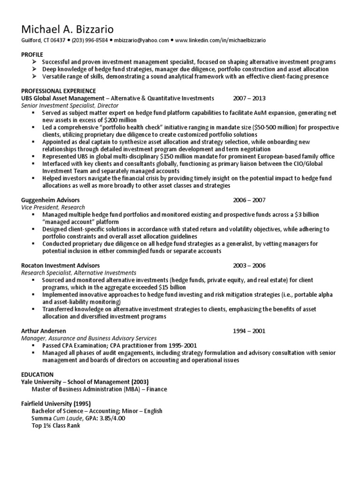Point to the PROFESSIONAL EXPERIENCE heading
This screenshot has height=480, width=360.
click(59, 90)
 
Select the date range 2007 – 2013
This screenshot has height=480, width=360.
click(249, 98)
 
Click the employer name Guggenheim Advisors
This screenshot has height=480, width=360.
click(51, 200)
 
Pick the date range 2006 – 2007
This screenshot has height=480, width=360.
click(249, 200)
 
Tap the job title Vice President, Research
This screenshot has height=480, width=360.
click(53, 207)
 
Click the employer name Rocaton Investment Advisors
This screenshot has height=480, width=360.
click(60, 265)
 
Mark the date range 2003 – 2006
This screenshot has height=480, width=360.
click(249, 265)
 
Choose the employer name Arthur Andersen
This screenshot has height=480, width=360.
click(44, 330)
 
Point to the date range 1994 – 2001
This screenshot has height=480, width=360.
click(249, 330)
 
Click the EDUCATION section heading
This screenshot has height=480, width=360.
click(37, 375)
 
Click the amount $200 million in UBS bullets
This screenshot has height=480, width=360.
click(108, 120)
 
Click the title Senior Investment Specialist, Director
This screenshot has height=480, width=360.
click(67, 105)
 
